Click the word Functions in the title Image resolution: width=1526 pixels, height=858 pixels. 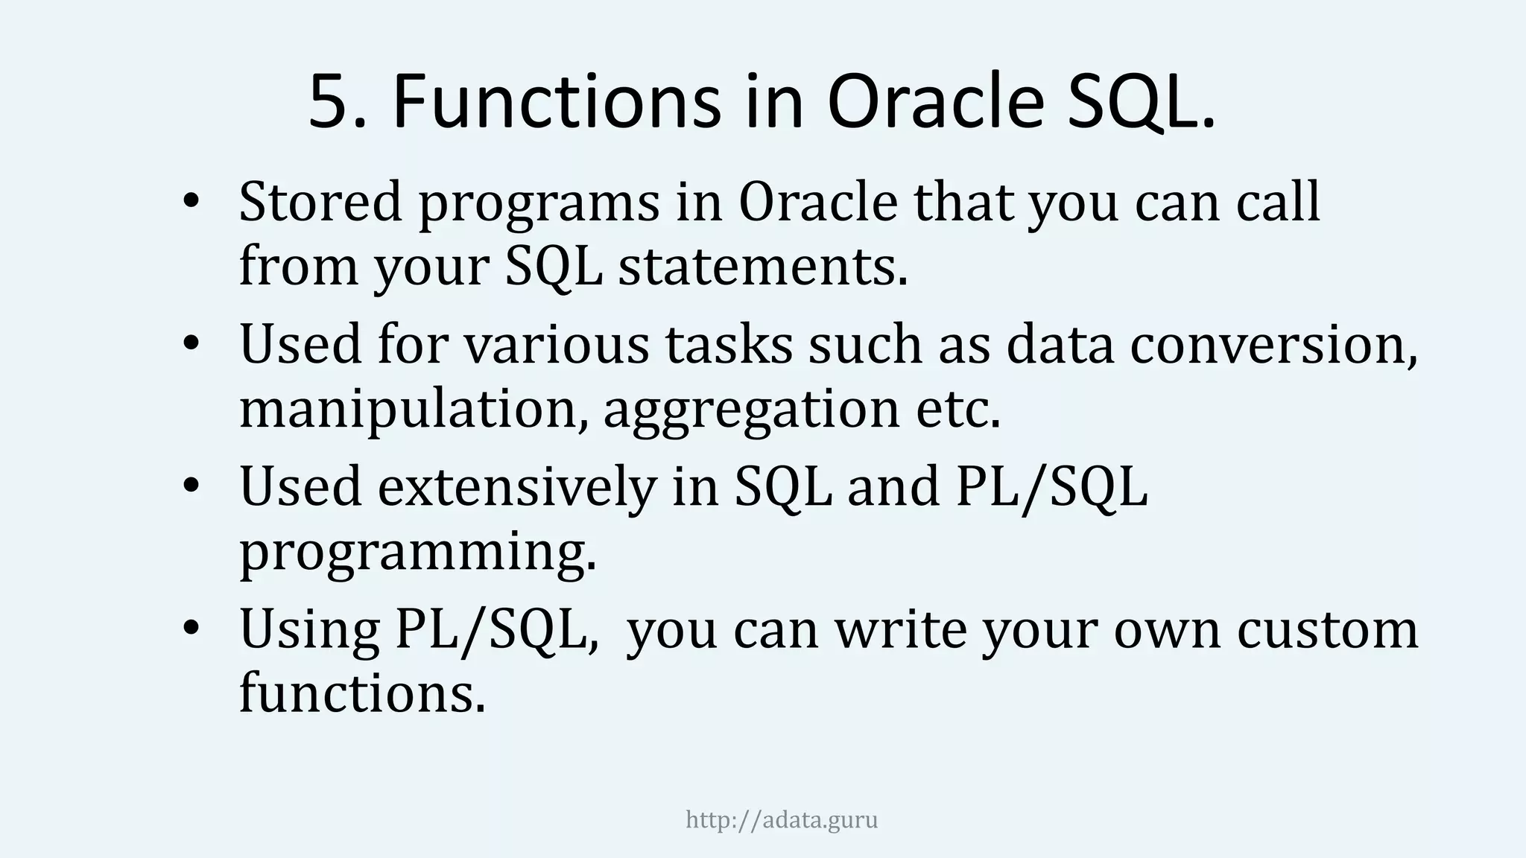point(556,103)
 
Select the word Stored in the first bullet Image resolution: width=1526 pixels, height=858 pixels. point(320,203)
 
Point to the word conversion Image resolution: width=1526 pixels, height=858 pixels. point(1273,346)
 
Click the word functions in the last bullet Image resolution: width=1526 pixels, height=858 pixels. point(361,693)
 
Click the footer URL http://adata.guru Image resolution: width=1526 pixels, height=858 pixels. point(781,820)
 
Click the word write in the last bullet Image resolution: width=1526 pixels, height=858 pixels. point(900,630)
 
